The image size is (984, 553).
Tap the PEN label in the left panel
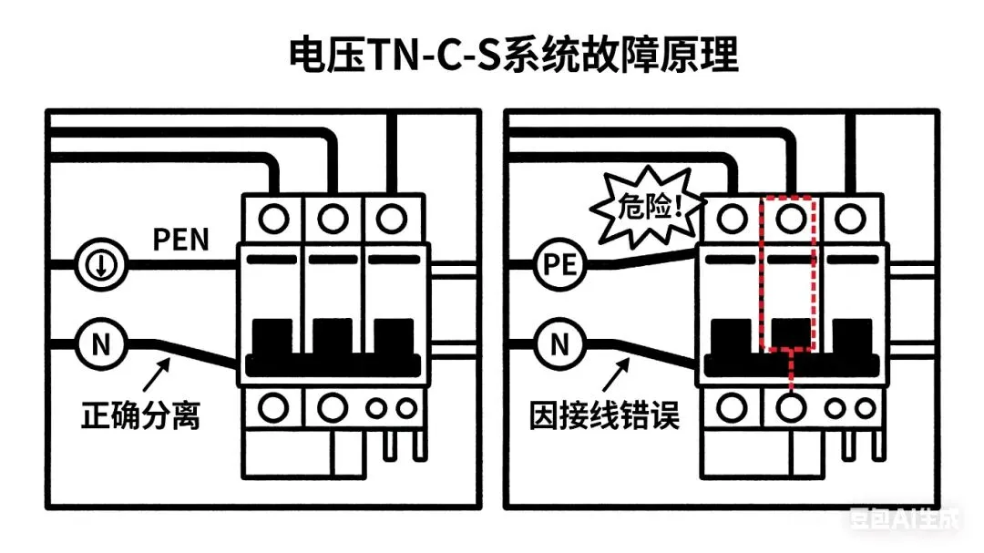pos(179,240)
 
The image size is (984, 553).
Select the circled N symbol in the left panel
pos(95,345)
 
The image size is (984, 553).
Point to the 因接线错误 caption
pos(605,417)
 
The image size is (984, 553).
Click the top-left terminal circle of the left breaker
pos(272,219)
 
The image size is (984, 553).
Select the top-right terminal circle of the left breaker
pos(392,219)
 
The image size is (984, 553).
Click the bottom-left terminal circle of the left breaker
pos(272,406)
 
